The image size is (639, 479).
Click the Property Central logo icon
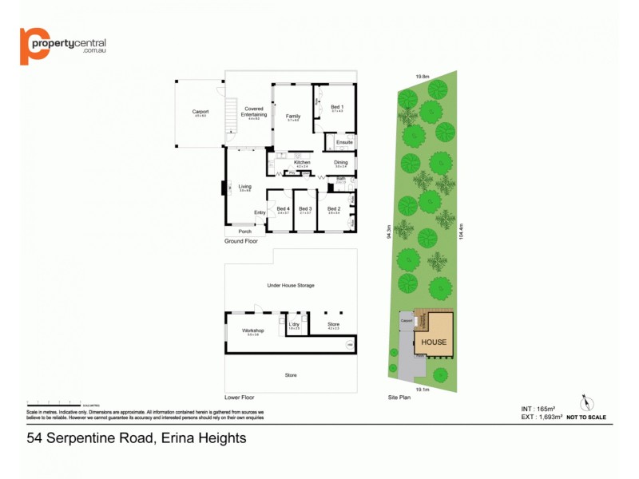pos(33,46)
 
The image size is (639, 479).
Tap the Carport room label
pos(200,112)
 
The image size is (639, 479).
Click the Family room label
pos(293,117)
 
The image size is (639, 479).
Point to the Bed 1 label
pos(337,108)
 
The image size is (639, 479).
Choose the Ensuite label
pos(344,142)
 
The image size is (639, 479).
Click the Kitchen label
pos(302,163)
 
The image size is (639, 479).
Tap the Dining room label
pos(341,163)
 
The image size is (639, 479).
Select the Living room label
pos(244,188)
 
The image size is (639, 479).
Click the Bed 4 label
pos(283,209)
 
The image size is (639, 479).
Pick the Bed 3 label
pos(304,209)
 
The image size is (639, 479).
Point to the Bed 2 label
pos(334,209)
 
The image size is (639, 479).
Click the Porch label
pos(244,232)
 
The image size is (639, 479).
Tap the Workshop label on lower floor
pos(252,331)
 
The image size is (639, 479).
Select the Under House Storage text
pos(291,285)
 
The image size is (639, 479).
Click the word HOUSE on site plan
pos(434,342)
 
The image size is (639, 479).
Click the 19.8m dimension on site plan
pos(422,77)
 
